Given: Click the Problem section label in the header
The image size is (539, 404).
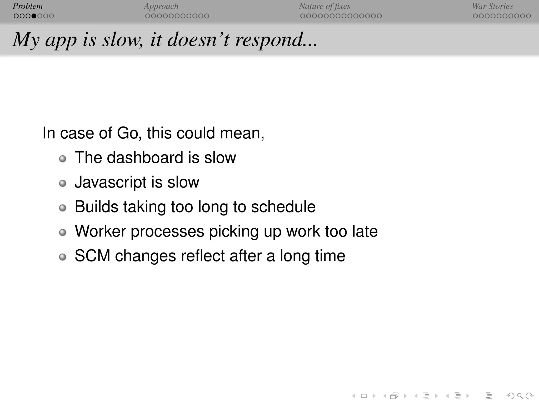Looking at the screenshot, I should tap(28, 6).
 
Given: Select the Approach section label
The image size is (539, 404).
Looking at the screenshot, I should tap(161, 6).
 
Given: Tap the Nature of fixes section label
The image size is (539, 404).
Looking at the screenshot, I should tap(325, 6).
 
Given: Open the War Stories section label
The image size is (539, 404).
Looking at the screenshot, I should tap(492, 6).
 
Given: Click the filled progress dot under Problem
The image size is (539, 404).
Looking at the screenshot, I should tap(34, 16).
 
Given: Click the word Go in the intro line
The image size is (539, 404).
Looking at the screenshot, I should tap(127, 133).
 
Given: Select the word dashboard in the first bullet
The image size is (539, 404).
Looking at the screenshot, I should tap(145, 158).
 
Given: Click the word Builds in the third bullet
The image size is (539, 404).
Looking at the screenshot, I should tap(96, 207).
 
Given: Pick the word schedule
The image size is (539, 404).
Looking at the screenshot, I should tap(283, 207).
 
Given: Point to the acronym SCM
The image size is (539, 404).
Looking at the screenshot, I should tap(92, 256).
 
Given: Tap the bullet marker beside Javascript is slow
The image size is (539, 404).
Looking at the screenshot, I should tap(63, 183).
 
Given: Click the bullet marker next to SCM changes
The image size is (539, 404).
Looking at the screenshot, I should tap(63, 257).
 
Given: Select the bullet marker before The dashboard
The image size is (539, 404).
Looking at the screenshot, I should tap(63, 159).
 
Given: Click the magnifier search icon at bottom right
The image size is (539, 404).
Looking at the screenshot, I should tap(520, 396).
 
